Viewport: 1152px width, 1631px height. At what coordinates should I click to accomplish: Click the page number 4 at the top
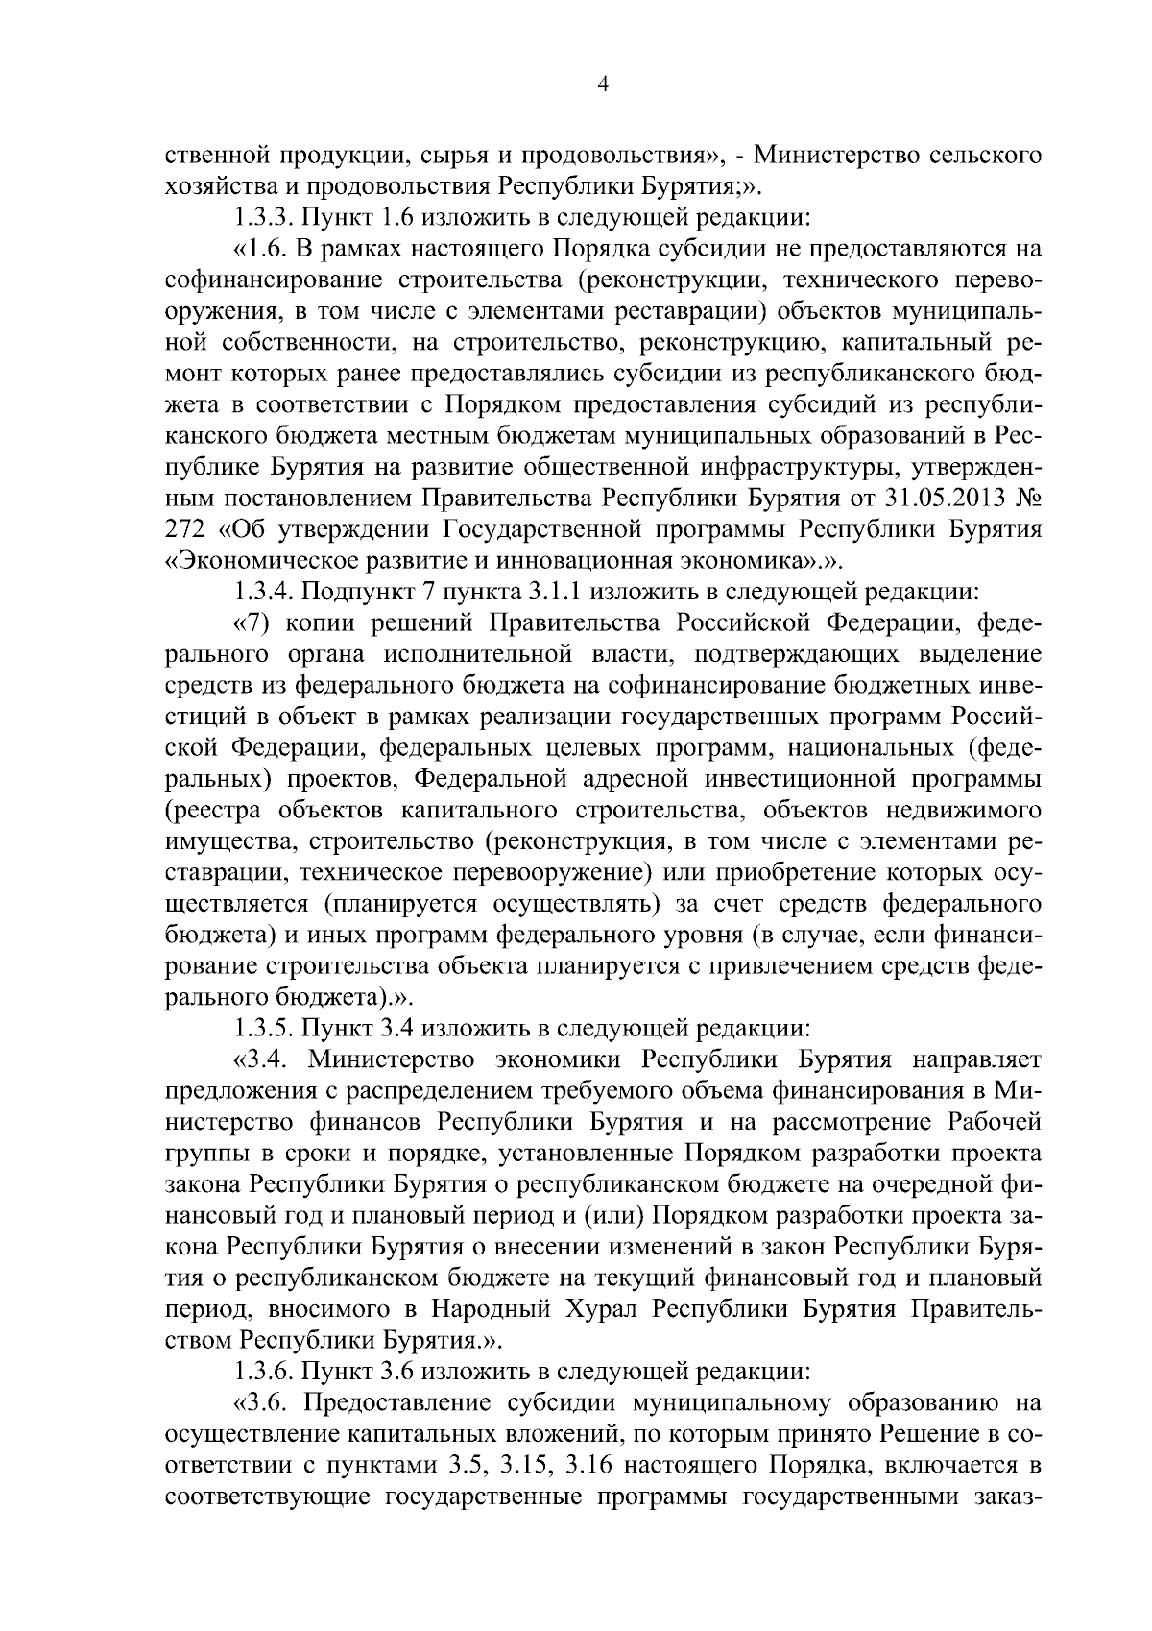602,85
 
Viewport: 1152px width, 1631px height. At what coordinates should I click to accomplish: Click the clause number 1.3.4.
264,592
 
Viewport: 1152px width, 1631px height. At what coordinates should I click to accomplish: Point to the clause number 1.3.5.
264,1028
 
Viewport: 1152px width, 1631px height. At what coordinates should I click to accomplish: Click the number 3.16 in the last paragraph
601,1465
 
